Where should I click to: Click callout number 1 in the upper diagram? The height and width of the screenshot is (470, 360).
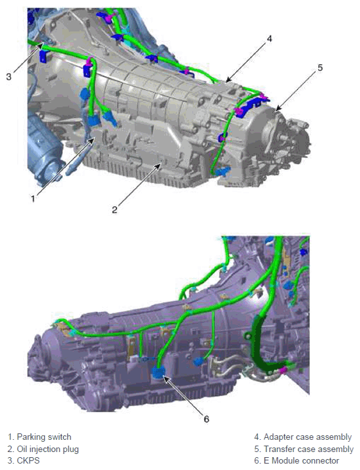33,198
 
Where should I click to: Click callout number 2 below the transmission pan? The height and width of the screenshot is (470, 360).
115,209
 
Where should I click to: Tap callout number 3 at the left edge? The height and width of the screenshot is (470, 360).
9,76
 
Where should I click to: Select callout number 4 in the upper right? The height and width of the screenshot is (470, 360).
270,39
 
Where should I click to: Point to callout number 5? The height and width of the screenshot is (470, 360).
320,68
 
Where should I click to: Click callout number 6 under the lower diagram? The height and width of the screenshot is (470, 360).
206,419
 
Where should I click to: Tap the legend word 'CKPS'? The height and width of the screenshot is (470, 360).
28,460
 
